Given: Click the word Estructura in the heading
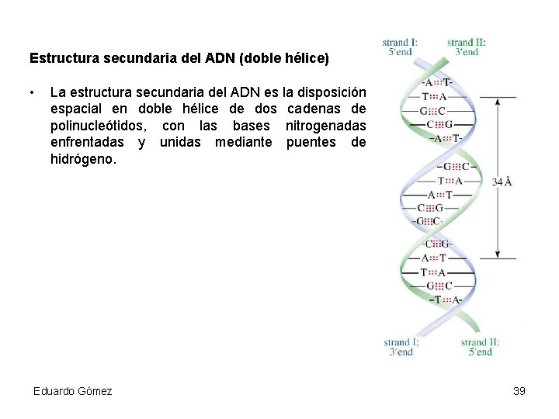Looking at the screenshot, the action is coord(56,58).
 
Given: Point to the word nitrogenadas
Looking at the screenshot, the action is coord(325,126).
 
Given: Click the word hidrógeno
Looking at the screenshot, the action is coord(82,159).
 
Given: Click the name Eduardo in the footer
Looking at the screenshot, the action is coord(54,391).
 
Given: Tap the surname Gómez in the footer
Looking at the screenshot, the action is coord(95,391).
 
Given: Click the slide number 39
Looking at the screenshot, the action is coord(519,391).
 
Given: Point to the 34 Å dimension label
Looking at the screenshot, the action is coord(502,182).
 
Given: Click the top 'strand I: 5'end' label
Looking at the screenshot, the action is coord(401,47).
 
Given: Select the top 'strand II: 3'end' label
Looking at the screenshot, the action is coord(467,47).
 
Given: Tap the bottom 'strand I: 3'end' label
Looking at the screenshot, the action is coord(401,347).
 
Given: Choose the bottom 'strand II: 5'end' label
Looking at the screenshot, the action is coord(480,347).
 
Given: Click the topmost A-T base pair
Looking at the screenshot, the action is coord(437,83).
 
